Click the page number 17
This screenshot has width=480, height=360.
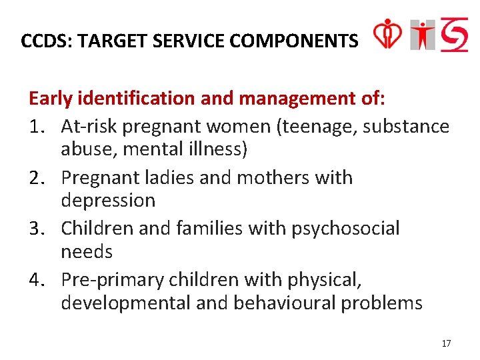tap(446, 343)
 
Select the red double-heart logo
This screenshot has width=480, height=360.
tap(387, 33)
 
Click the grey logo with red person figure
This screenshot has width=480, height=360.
tap(423, 35)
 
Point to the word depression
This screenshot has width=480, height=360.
tap(108, 201)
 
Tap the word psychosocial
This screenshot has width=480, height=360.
tap(346, 229)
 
